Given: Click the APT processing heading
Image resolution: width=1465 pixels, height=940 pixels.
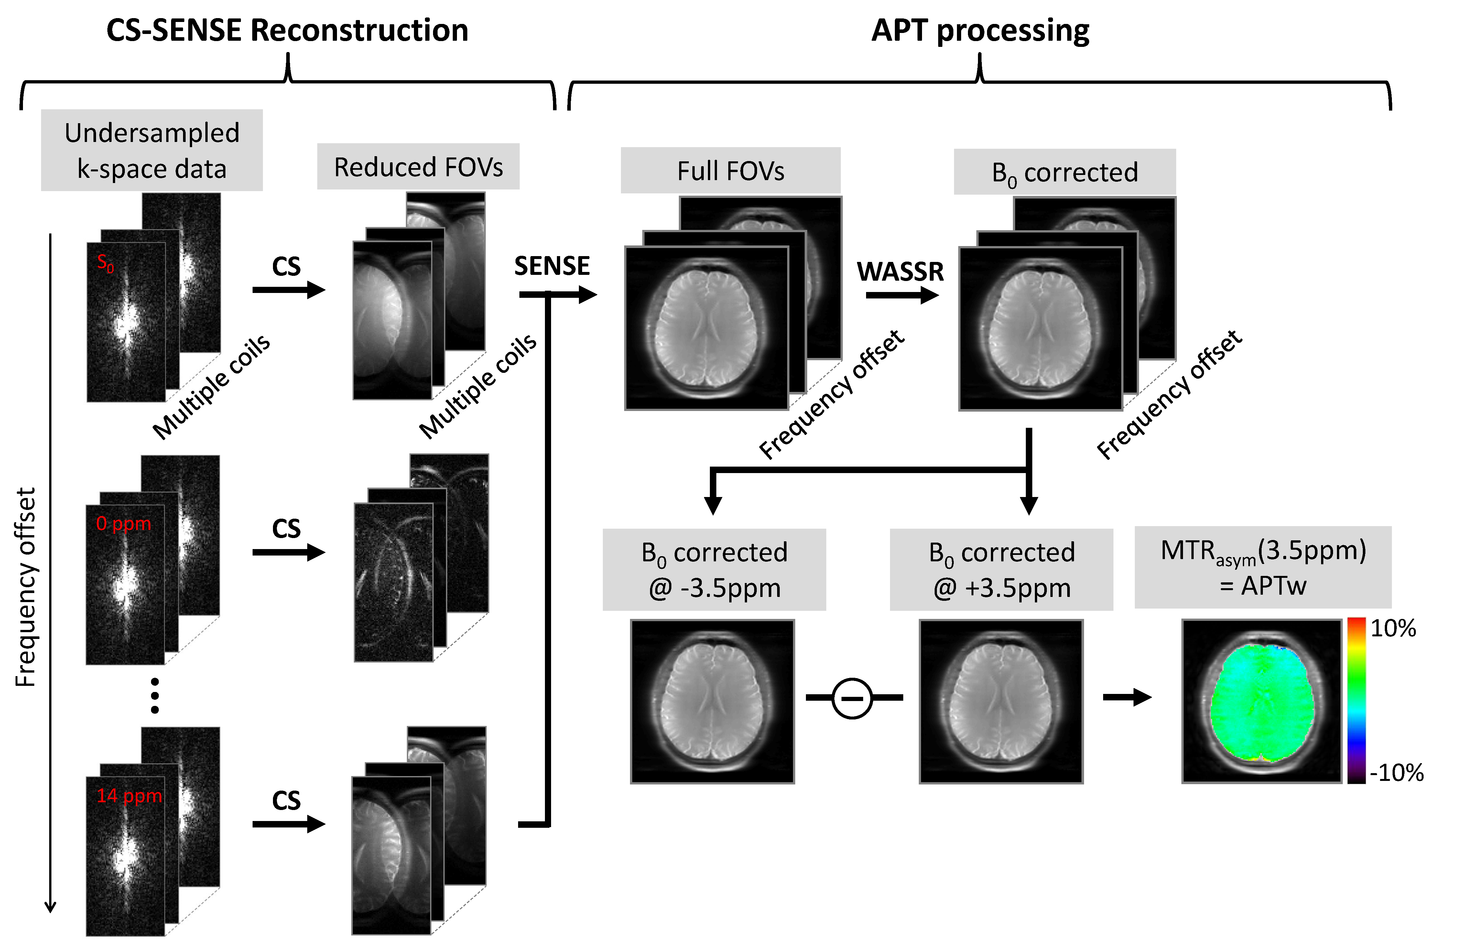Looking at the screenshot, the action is (x=980, y=30).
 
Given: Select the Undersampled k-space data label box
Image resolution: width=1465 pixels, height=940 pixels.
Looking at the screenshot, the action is (x=152, y=150).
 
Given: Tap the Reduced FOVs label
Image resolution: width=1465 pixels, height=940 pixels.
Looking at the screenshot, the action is (x=418, y=167).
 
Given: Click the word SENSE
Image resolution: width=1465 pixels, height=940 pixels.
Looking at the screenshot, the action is (x=552, y=266).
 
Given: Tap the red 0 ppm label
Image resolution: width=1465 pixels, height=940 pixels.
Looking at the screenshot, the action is (x=123, y=524).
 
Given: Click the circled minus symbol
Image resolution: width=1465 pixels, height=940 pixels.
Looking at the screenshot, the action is (x=852, y=698).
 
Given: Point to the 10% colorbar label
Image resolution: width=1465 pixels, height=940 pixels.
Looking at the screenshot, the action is (x=1393, y=628).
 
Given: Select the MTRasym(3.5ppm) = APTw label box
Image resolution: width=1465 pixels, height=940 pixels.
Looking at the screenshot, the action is (x=1263, y=567).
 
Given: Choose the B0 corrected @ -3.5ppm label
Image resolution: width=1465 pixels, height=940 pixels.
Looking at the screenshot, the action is (x=714, y=569).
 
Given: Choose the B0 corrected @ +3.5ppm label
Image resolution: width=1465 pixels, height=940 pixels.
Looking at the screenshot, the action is (x=1001, y=569).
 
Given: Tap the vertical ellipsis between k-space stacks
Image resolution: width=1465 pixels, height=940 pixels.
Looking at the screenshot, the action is (x=155, y=695).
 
